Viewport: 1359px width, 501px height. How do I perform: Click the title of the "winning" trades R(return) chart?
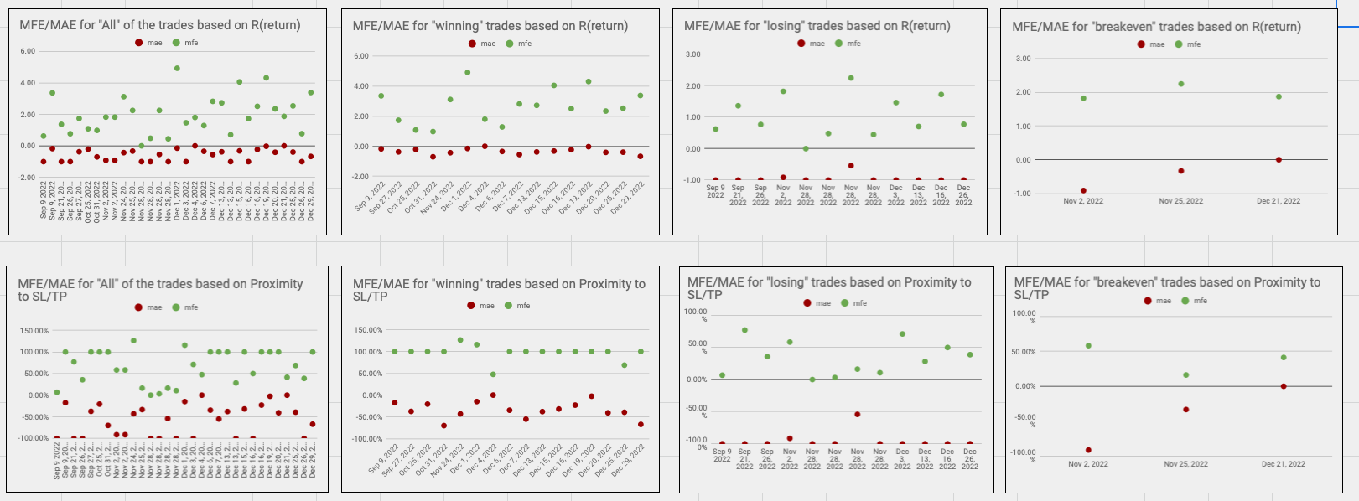(490, 26)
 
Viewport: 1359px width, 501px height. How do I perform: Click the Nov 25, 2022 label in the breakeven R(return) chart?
(1180, 201)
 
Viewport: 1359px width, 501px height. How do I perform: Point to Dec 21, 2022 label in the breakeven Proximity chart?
(1283, 464)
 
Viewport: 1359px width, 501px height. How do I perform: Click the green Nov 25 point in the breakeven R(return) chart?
(1181, 84)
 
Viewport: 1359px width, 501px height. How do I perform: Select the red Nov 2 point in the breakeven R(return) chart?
(1083, 191)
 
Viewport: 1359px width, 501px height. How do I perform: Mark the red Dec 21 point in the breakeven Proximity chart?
(1284, 386)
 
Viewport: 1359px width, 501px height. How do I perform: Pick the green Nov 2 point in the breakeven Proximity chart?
(1088, 345)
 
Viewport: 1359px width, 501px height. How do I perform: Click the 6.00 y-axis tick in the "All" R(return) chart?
(28, 51)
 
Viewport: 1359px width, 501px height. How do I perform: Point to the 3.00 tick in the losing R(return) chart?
(692, 54)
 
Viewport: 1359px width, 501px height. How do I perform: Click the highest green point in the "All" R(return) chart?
(177, 68)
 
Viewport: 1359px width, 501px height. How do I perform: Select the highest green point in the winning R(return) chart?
(467, 72)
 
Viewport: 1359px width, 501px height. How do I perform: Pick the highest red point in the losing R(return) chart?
(851, 166)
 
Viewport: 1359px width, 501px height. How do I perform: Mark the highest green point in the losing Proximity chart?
(744, 330)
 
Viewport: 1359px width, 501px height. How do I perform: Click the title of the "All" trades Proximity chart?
(160, 290)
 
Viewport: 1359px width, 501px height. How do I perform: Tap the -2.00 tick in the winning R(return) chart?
(360, 177)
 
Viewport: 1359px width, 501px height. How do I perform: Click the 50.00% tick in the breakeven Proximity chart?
(1023, 352)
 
